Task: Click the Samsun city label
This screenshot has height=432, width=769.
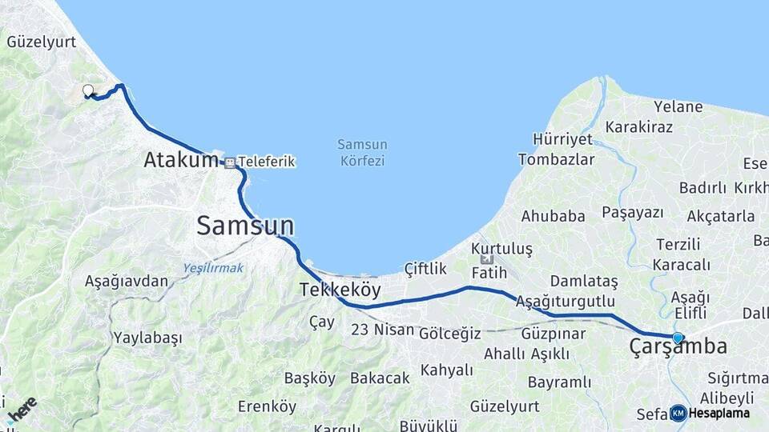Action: [x=245, y=226]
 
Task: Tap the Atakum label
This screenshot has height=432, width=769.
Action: [x=180, y=160]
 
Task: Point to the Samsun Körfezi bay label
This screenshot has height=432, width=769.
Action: [x=362, y=152]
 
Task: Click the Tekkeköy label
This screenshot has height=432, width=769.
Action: [x=340, y=290]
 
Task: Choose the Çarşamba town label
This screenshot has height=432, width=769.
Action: [x=678, y=347]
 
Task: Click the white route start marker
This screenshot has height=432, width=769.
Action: [x=87, y=90]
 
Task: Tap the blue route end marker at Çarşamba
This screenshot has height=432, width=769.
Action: [x=678, y=338]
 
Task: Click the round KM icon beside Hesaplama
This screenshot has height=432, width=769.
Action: [x=678, y=413]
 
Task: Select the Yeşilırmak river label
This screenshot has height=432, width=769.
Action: [x=213, y=268]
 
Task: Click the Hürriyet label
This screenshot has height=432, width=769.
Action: [x=562, y=139]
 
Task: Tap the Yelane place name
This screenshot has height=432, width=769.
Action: [x=678, y=106]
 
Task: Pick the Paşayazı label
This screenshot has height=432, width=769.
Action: [x=633, y=212]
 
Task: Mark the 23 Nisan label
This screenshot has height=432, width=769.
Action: [x=383, y=329]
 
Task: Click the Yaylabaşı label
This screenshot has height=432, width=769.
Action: [x=147, y=338]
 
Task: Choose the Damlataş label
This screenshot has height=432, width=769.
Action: [x=585, y=282]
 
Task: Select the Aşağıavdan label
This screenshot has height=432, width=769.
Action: [x=127, y=281]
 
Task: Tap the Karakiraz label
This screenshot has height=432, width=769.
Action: [x=638, y=126]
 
